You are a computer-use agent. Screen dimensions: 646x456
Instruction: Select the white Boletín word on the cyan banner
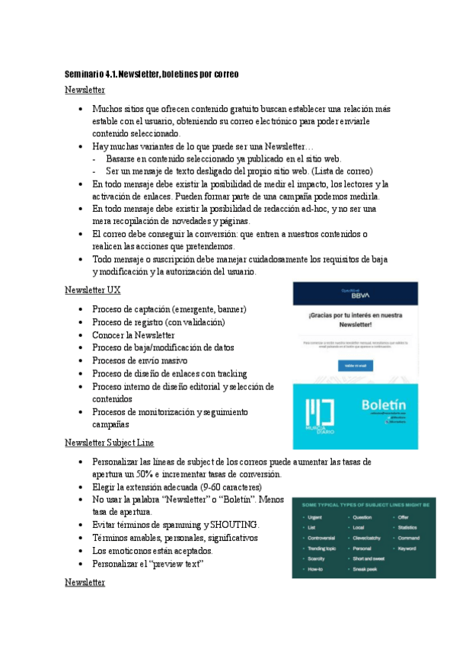[384, 404]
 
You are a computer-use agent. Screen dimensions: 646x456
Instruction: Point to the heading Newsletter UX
[92, 290]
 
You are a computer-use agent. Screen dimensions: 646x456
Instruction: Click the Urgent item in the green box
[316, 517]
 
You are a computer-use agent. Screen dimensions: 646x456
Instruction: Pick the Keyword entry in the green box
[407, 548]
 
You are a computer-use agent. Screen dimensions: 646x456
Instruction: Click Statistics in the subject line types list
[409, 527]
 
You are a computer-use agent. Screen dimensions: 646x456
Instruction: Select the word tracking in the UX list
[231, 373]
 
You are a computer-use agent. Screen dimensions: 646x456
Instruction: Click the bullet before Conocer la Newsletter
[81, 335]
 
